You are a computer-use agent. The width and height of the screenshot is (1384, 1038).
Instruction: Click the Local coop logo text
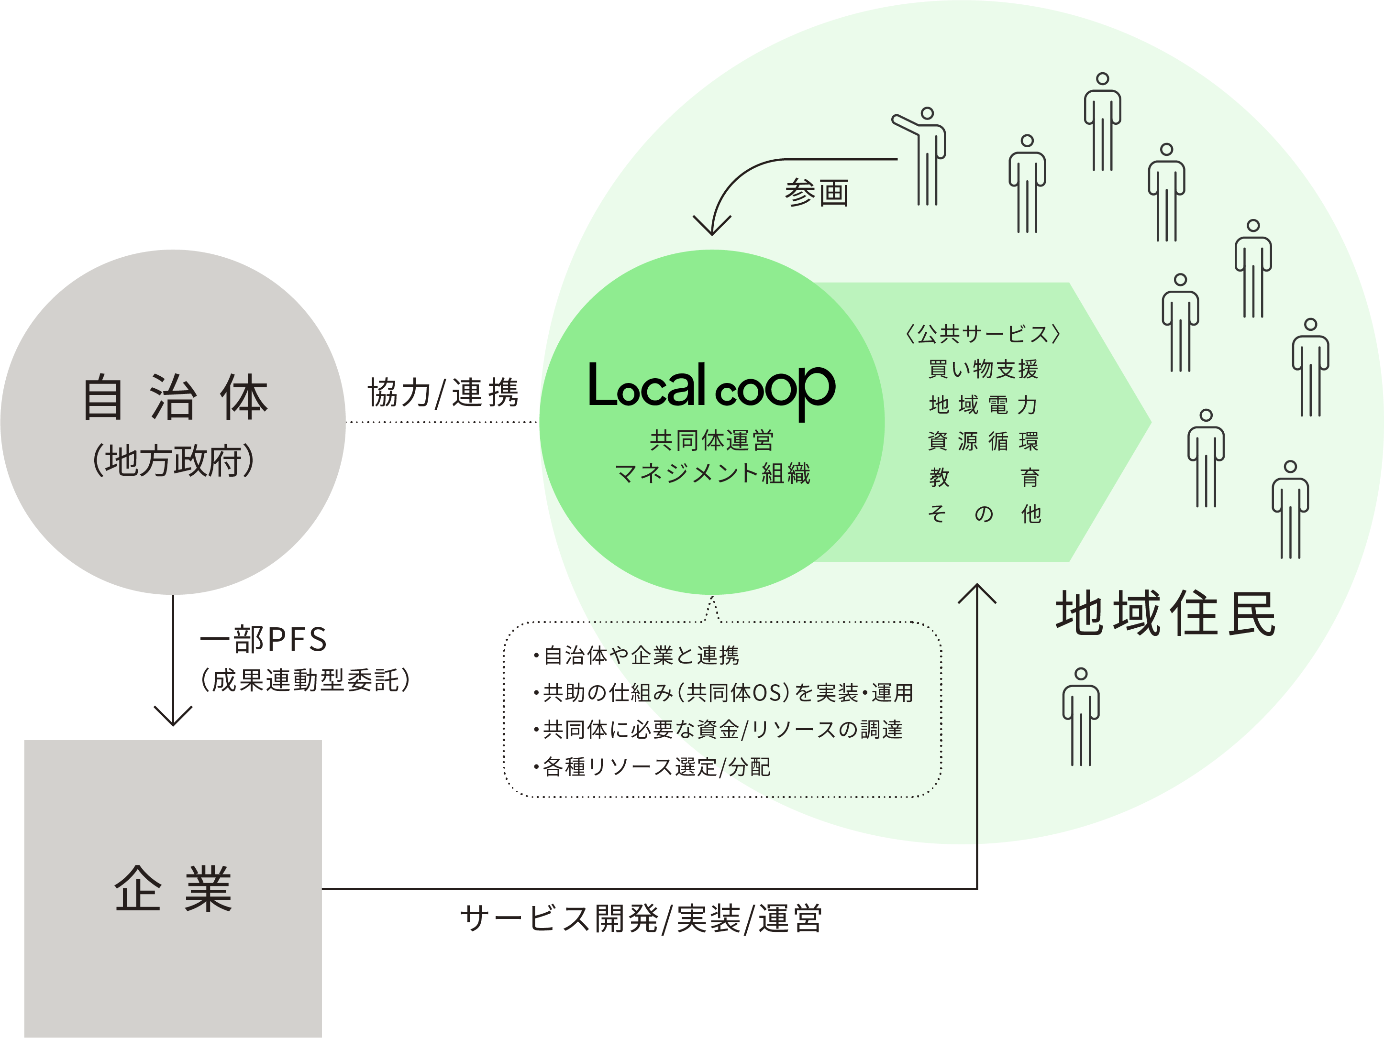coord(711,388)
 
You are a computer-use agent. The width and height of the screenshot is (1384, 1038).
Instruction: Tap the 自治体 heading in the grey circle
coord(175,398)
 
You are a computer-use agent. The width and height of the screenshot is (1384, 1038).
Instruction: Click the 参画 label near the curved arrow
coord(817,193)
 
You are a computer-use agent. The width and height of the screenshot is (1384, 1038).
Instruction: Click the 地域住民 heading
coord(1165,614)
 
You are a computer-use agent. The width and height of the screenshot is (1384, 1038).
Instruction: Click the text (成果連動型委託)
coord(305,680)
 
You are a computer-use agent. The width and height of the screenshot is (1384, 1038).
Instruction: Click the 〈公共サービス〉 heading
coord(983,334)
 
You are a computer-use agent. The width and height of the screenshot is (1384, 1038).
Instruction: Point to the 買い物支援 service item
coord(983,370)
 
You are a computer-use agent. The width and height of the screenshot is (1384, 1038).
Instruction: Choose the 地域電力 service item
coord(983,405)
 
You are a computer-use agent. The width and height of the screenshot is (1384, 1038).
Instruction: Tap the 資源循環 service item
coord(983,441)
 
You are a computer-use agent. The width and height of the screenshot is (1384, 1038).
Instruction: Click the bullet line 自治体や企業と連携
coord(637,656)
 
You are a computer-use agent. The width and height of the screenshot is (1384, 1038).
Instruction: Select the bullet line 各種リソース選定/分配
coord(653,766)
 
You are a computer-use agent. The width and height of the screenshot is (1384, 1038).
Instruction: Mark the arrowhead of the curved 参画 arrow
coord(712,226)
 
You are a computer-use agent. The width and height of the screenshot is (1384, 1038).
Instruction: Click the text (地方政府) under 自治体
coord(174,461)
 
